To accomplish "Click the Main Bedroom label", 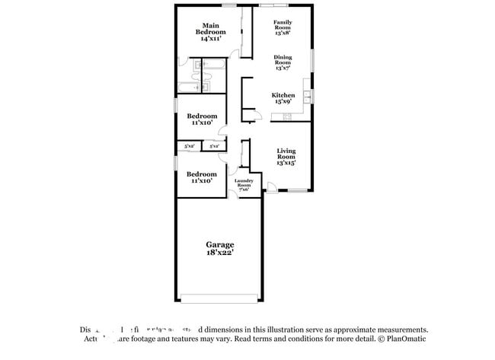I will [x=209, y=28].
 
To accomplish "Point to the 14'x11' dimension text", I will [x=209, y=38].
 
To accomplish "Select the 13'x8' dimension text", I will [x=283, y=33].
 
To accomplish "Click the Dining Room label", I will [x=283, y=60].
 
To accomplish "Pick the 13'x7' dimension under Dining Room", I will [x=283, y=68].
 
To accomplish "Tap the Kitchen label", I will [x=283, y=95].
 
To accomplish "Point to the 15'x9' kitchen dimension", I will [x=283, y=101].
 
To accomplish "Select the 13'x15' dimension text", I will [x=286, y=162].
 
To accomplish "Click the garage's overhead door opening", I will [x=219, y=298].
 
